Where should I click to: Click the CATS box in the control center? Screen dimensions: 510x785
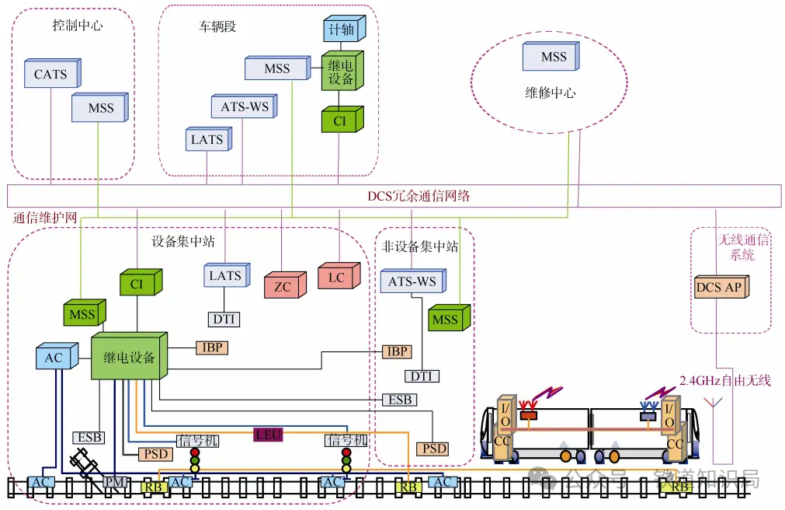[x=51, y=75]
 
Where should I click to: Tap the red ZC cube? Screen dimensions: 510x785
[x=283, y=286]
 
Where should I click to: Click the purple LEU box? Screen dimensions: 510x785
[x=269, y=435]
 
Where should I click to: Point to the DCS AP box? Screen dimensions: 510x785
[x=718, y=287]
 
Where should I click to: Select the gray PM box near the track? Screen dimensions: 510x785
[x=115, y=483]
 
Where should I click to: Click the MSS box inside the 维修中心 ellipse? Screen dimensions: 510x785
[x=554, y=57]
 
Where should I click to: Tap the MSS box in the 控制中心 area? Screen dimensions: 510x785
[x=99, y=108]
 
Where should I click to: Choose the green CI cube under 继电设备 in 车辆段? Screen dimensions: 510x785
[x=339, y=121]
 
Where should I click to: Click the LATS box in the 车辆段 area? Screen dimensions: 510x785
[x=207, y=140]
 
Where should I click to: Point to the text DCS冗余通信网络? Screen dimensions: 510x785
[x=419, y=196]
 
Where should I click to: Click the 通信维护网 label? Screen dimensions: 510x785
[x=44, y=217]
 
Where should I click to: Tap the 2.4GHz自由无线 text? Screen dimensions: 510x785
[x=724, y=380]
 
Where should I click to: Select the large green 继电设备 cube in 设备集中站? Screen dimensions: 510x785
[x=128, y=358]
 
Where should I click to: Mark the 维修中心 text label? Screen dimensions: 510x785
[x=551, y=93]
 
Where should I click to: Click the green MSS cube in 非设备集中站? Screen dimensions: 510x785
[x=446, y=320]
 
